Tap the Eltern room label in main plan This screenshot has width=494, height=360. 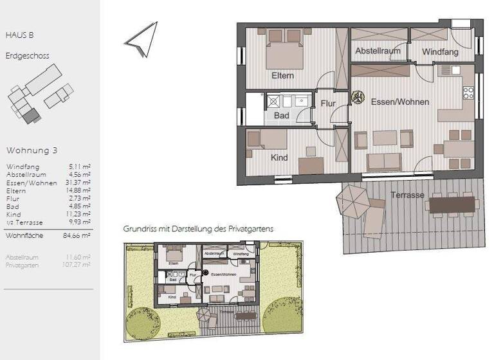(x=282, y=76)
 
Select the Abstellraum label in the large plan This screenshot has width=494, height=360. (x=378, y=51)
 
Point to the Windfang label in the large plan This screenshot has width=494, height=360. (x=440, y=51)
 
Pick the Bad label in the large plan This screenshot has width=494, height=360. (x=281, y=116)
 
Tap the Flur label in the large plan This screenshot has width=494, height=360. (x=320, y=103)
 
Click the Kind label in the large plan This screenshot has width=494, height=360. (x=279, y=157)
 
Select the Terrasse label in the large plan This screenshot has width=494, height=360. (x=407, y=195)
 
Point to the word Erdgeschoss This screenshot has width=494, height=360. (x=28, y=56)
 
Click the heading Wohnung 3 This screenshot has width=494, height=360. (x=32, y=150)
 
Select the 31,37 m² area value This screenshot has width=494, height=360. (x=79, y=183)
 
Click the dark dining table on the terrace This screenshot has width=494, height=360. (x=453, y=204)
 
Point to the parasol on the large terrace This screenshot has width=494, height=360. (x=352, y=201)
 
